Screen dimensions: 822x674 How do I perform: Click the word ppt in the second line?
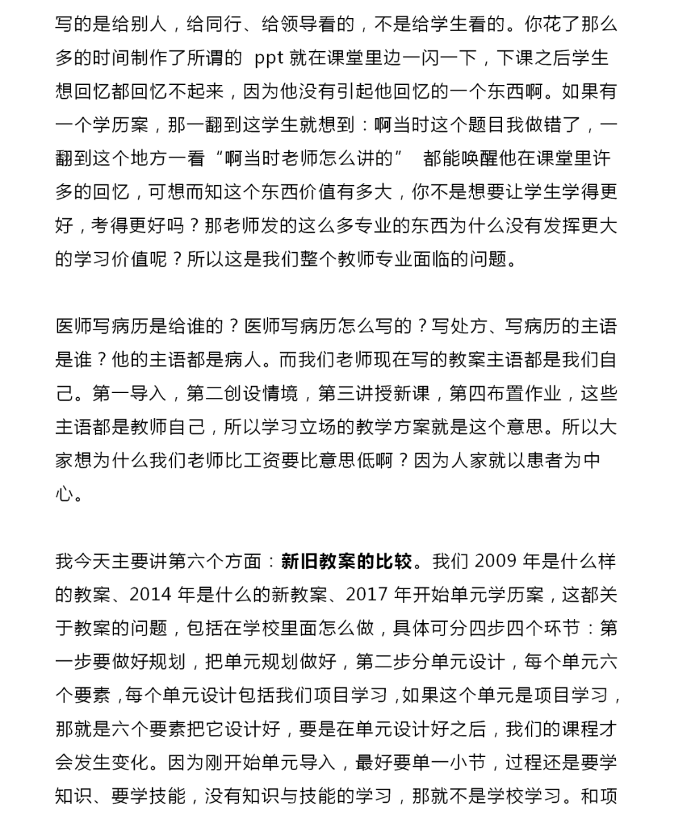click(x=269, y=58)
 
